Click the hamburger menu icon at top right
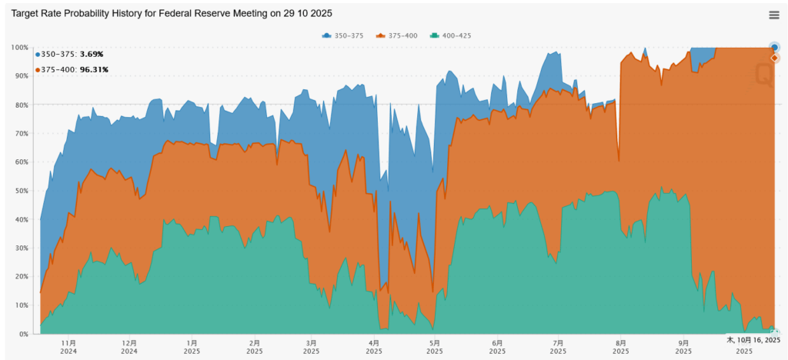tap(773, 15)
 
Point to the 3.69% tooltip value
tap(92, 54)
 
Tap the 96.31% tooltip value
tap(94, 69)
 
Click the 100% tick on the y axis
tap(19, 48)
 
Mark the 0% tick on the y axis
tap(23, 334)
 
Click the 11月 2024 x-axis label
tap(68, 346)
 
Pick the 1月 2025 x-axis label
tap(192, 346)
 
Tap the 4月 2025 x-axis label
tap(374, 346)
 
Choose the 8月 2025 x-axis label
tap(619, 346)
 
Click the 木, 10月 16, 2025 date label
tap(753, 339)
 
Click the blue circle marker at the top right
tap(775, 47)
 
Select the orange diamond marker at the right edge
tap(775, 58)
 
